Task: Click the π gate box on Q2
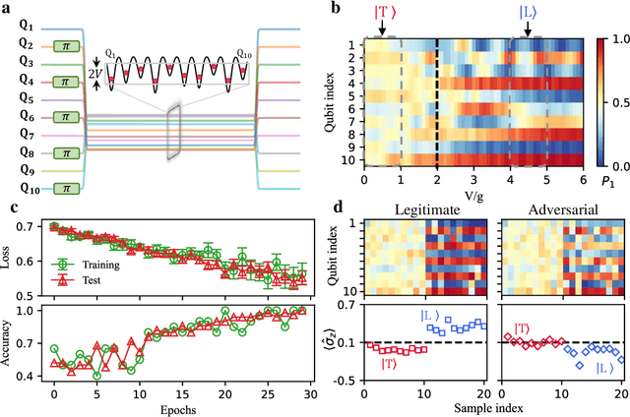click(66, 46)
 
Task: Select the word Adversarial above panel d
click(552, 209)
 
